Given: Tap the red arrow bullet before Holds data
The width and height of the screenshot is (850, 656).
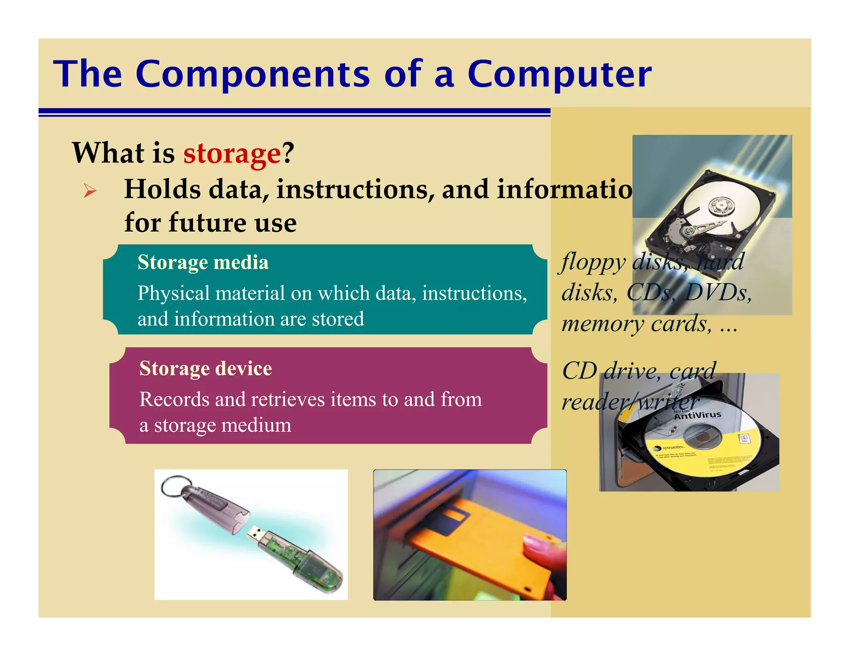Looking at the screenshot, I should pyautogui.click(x=90, y=191).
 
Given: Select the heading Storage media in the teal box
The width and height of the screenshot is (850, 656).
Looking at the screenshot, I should pyautogui.click(x=203, y=262).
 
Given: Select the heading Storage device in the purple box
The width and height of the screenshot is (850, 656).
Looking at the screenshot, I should pyautogui.click(x=205, y=368).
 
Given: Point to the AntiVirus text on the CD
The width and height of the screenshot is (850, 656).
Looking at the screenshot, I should pyautogui.click(x=698, y=415).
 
